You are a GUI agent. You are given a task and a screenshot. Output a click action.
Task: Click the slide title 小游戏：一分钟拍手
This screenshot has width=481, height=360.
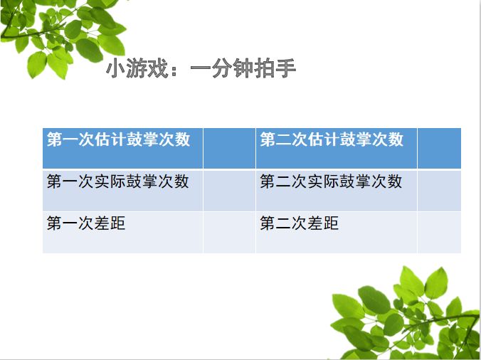(x=201, y=68)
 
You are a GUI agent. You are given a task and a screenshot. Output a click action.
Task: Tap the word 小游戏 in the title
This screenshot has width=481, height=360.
(x=137, y=68)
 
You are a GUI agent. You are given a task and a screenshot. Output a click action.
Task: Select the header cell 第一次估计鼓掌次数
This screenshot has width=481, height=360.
(x=122, y=148)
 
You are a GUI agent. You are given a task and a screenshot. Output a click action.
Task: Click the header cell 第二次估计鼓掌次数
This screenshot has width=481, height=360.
(x=337, y=148)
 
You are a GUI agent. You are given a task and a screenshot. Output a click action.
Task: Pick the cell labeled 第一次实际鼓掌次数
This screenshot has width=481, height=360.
(x=122, y=190)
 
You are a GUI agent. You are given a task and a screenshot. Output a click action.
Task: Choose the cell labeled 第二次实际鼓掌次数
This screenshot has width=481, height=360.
(x=337, y=190)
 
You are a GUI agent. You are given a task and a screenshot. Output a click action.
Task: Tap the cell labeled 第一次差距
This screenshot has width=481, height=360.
(x=122, y=233)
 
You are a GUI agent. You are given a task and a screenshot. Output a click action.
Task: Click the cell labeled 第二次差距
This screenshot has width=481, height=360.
(x=337, y=233)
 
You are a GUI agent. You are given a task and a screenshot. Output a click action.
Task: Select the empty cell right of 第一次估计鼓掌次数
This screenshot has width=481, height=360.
(x=229, y=148)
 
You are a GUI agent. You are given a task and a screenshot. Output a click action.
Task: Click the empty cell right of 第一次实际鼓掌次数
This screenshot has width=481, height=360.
(x=229, y=190)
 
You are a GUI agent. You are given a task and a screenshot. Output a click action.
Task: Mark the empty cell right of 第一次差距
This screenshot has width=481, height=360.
(x=229, y=233)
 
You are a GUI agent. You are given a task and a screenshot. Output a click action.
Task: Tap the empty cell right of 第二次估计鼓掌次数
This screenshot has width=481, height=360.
(x=439, y=148)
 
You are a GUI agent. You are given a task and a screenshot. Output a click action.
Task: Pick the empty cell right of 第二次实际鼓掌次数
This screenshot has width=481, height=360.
(x=439, y=190)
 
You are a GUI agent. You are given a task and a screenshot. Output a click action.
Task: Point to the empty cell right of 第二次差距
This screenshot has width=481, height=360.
(x=439, y=233)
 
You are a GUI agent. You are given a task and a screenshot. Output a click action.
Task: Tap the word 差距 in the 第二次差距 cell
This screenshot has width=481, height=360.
(x=323, y=223)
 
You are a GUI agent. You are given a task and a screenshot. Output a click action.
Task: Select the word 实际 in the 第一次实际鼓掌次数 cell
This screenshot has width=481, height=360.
(x=110, y=181)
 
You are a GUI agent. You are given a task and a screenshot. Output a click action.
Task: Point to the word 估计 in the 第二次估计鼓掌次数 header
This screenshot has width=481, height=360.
(x=323, y=139)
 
